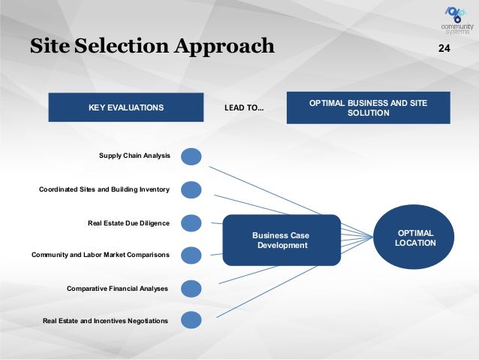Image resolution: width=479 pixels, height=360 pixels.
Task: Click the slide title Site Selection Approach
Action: click(x=152, y=47)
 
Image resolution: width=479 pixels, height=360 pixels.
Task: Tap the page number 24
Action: click(x=444, y=49)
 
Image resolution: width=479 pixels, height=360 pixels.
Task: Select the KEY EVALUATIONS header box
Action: click(x=125, y=107)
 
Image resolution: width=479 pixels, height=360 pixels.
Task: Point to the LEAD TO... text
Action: click(x=244, y=108)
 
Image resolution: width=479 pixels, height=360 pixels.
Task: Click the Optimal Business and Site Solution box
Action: click(x=368, y=107)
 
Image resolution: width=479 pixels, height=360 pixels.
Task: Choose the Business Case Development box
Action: click(x=282, y=241)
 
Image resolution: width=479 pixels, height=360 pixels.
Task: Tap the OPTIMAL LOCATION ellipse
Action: click(x=415, y=238)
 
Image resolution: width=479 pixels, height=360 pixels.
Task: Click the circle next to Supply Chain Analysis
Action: click(x=191, y=156)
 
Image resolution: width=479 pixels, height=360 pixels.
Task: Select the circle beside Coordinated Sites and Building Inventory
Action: click(x=191, y=189)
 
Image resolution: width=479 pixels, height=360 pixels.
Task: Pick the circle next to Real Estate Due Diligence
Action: click(x=191, y=223)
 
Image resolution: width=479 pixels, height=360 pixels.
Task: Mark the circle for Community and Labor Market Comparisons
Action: click(x=191, y=256)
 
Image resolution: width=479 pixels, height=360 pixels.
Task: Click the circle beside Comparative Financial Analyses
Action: click(x=191, y=289)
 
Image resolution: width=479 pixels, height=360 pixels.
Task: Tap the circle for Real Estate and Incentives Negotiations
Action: click(x=191, y=321)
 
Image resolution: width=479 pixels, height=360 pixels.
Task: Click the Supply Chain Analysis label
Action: click(x=134, y=156)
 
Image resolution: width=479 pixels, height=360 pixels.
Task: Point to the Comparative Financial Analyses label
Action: click(x=117, y=289)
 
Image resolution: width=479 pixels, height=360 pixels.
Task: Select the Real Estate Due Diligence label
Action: click(x=128, y=223)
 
